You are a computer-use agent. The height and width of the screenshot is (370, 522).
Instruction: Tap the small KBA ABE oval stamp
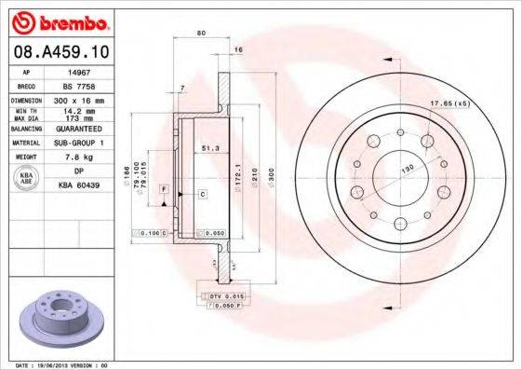point(27,178)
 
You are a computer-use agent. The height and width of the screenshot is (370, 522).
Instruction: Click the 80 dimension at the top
point(200,34)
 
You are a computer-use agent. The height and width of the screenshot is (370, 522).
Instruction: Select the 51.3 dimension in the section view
point(210,147)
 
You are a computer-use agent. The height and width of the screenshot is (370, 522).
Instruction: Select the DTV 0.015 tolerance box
point(222,295)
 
